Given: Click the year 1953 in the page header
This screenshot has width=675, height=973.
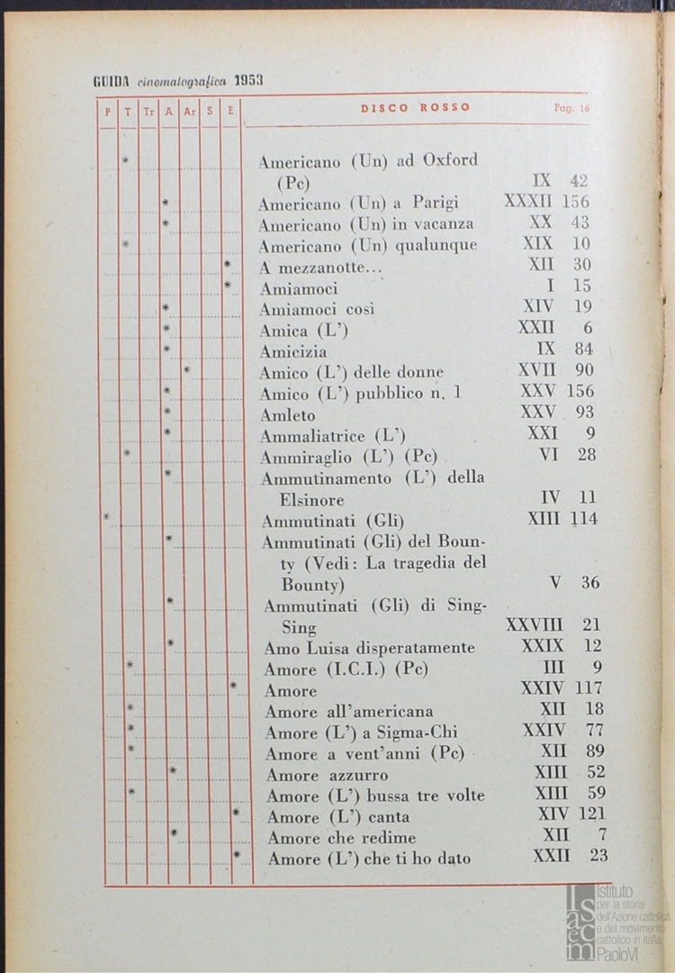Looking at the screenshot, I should [x=248, y=80].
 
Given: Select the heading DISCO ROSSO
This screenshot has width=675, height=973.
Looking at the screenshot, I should [x=415, y=107].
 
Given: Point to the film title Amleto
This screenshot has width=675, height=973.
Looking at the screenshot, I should [x=288, y=415].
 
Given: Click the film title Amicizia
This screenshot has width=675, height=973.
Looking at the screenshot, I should [x=293, y=351].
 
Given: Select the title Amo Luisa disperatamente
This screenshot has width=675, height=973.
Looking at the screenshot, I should [x=369, y=648].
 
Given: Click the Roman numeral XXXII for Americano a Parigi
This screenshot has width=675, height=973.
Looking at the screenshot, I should [x=528, y=202].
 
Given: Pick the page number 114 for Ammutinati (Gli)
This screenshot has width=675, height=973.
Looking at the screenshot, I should [x=582, y=519].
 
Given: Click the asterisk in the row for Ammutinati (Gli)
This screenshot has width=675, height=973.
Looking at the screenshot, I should [x=107, y=517].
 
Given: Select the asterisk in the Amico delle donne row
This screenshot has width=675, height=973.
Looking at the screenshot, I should [x=187, y=369].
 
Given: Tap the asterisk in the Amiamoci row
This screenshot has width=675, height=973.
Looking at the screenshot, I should [x=228, y=286].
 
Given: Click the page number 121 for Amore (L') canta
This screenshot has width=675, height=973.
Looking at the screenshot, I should [x=590, y=815].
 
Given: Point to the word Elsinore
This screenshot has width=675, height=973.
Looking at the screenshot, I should [x=312, y=499].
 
